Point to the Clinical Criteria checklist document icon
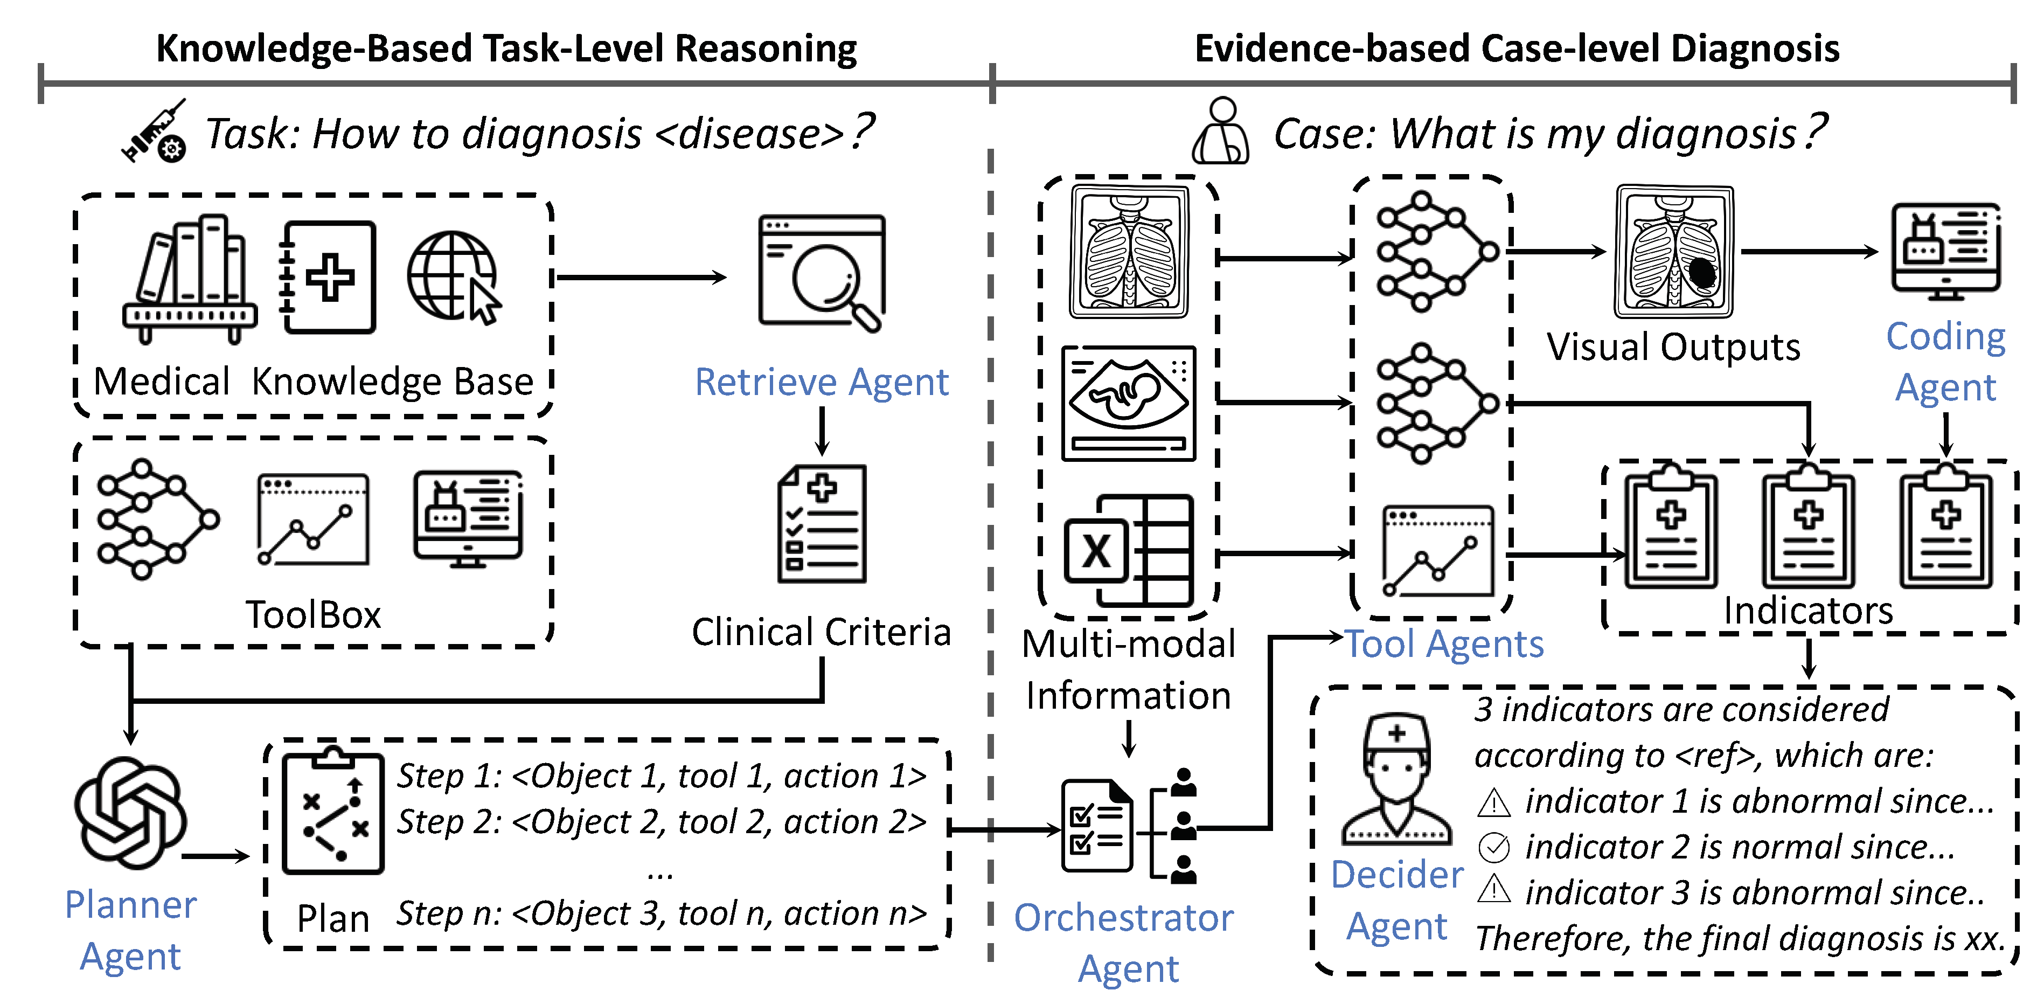click(x=822, y=524)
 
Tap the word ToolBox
click(x=314, y=614)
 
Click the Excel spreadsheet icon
click(x=1128, y=550)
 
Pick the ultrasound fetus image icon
click(x=1128, y=403)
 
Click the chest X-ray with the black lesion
click(x=1674, y=252)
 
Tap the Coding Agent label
click(x=1945, y=362)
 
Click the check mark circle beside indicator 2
click(x=1494, y=848)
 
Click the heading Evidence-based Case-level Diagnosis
click(x=1517, y=49)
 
